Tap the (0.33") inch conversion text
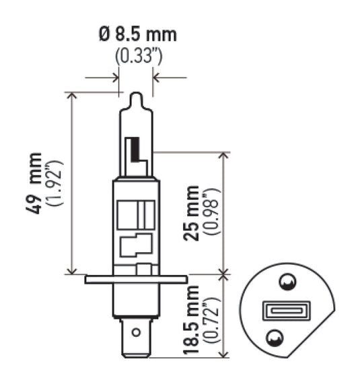coord(137,57)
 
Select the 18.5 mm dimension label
coord(194,317)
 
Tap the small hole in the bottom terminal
coord(136,331)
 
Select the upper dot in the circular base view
coord(287,282)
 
